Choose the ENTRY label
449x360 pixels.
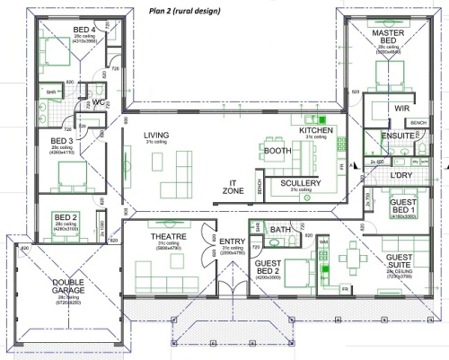pyautogui.click(x=232, y=241)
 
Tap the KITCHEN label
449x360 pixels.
pyautogui.click(x=316, y=131)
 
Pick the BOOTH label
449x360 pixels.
pyautogui.click(x=277, y=151)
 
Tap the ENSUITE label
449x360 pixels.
pyautogui.click(x=397, y=136)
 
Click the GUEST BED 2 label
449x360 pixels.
pyautogui.click(x=269, y=267)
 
